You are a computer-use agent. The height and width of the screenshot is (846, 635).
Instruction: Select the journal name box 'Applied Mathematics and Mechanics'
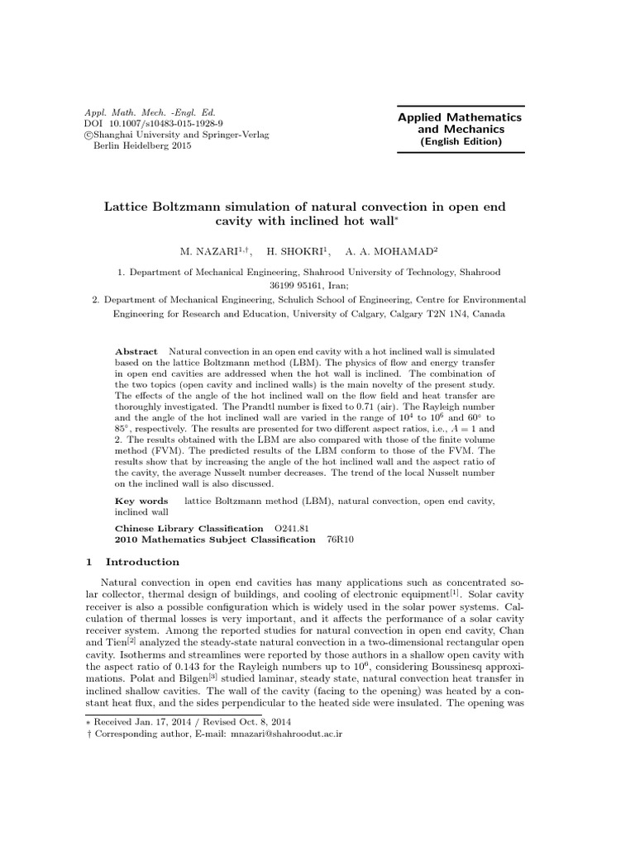pyautogui.click(x=460, y=129)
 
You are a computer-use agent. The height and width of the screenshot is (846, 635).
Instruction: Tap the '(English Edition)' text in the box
pyautogui.click(x=461, y=141)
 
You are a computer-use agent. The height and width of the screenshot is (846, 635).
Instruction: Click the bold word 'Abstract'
pyautogui.click(x=136, y=352)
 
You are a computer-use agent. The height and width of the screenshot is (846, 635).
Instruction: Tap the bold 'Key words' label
pyautogui.click(x=141, y=501)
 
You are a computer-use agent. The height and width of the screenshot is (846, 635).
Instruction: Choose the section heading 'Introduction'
pyautogui.click(x=142, y=562)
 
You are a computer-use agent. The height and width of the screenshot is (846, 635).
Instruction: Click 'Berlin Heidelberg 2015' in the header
pyautogui.click(x=144, y=146)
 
